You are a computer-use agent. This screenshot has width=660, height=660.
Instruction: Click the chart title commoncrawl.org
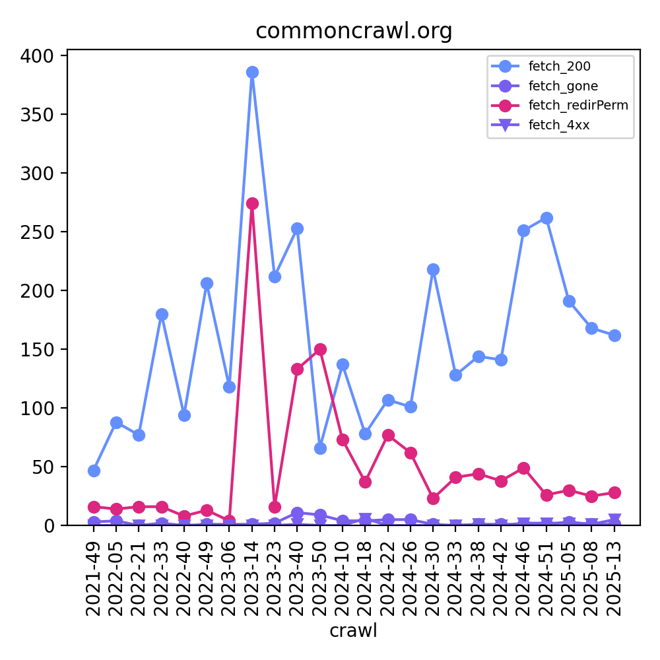point(354,31)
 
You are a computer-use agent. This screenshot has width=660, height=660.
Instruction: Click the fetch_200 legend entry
point(559,66)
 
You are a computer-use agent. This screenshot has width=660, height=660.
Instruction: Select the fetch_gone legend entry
point(563,86)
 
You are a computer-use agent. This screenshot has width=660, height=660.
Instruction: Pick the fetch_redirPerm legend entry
point(572,105)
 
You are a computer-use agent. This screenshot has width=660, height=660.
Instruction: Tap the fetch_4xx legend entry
point(559,125)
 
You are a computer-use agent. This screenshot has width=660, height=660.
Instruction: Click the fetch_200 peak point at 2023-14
point(252,72)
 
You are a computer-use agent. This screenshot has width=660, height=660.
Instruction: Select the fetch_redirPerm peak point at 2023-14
point(252,203)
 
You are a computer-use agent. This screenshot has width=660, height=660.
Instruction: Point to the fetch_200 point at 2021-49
point(94,471)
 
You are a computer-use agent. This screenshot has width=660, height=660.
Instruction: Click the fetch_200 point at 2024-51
point(546,218)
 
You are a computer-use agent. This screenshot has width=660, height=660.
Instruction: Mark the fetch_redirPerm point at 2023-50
point(320,349)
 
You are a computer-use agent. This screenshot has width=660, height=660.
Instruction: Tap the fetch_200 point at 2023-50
point(320,448)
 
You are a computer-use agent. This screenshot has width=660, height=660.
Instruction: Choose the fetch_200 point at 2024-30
point(433,269)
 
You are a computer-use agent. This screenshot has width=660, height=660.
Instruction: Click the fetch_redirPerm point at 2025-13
point(614,492)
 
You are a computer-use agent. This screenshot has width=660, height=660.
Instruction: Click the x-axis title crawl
point(354,630)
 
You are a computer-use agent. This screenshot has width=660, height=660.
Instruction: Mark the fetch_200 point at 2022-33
point(162,314)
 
